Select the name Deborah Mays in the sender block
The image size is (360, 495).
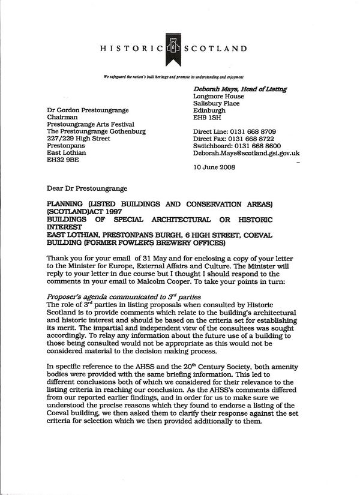[217, 89]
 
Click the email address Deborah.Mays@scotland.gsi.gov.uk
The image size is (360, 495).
[246, 153]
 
